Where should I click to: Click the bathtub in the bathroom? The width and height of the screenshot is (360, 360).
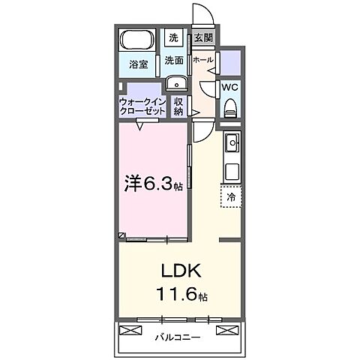136,40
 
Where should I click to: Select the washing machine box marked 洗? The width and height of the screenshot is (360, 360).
173,37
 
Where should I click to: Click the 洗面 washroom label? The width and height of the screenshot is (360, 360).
174,61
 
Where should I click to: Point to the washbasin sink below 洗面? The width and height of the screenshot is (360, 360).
175,84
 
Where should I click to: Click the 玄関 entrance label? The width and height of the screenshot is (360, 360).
202,37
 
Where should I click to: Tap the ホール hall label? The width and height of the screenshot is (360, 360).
202,60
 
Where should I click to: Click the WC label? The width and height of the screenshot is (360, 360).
229,86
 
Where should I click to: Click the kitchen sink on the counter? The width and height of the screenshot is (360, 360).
231,140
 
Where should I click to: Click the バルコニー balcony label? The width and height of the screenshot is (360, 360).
178,337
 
